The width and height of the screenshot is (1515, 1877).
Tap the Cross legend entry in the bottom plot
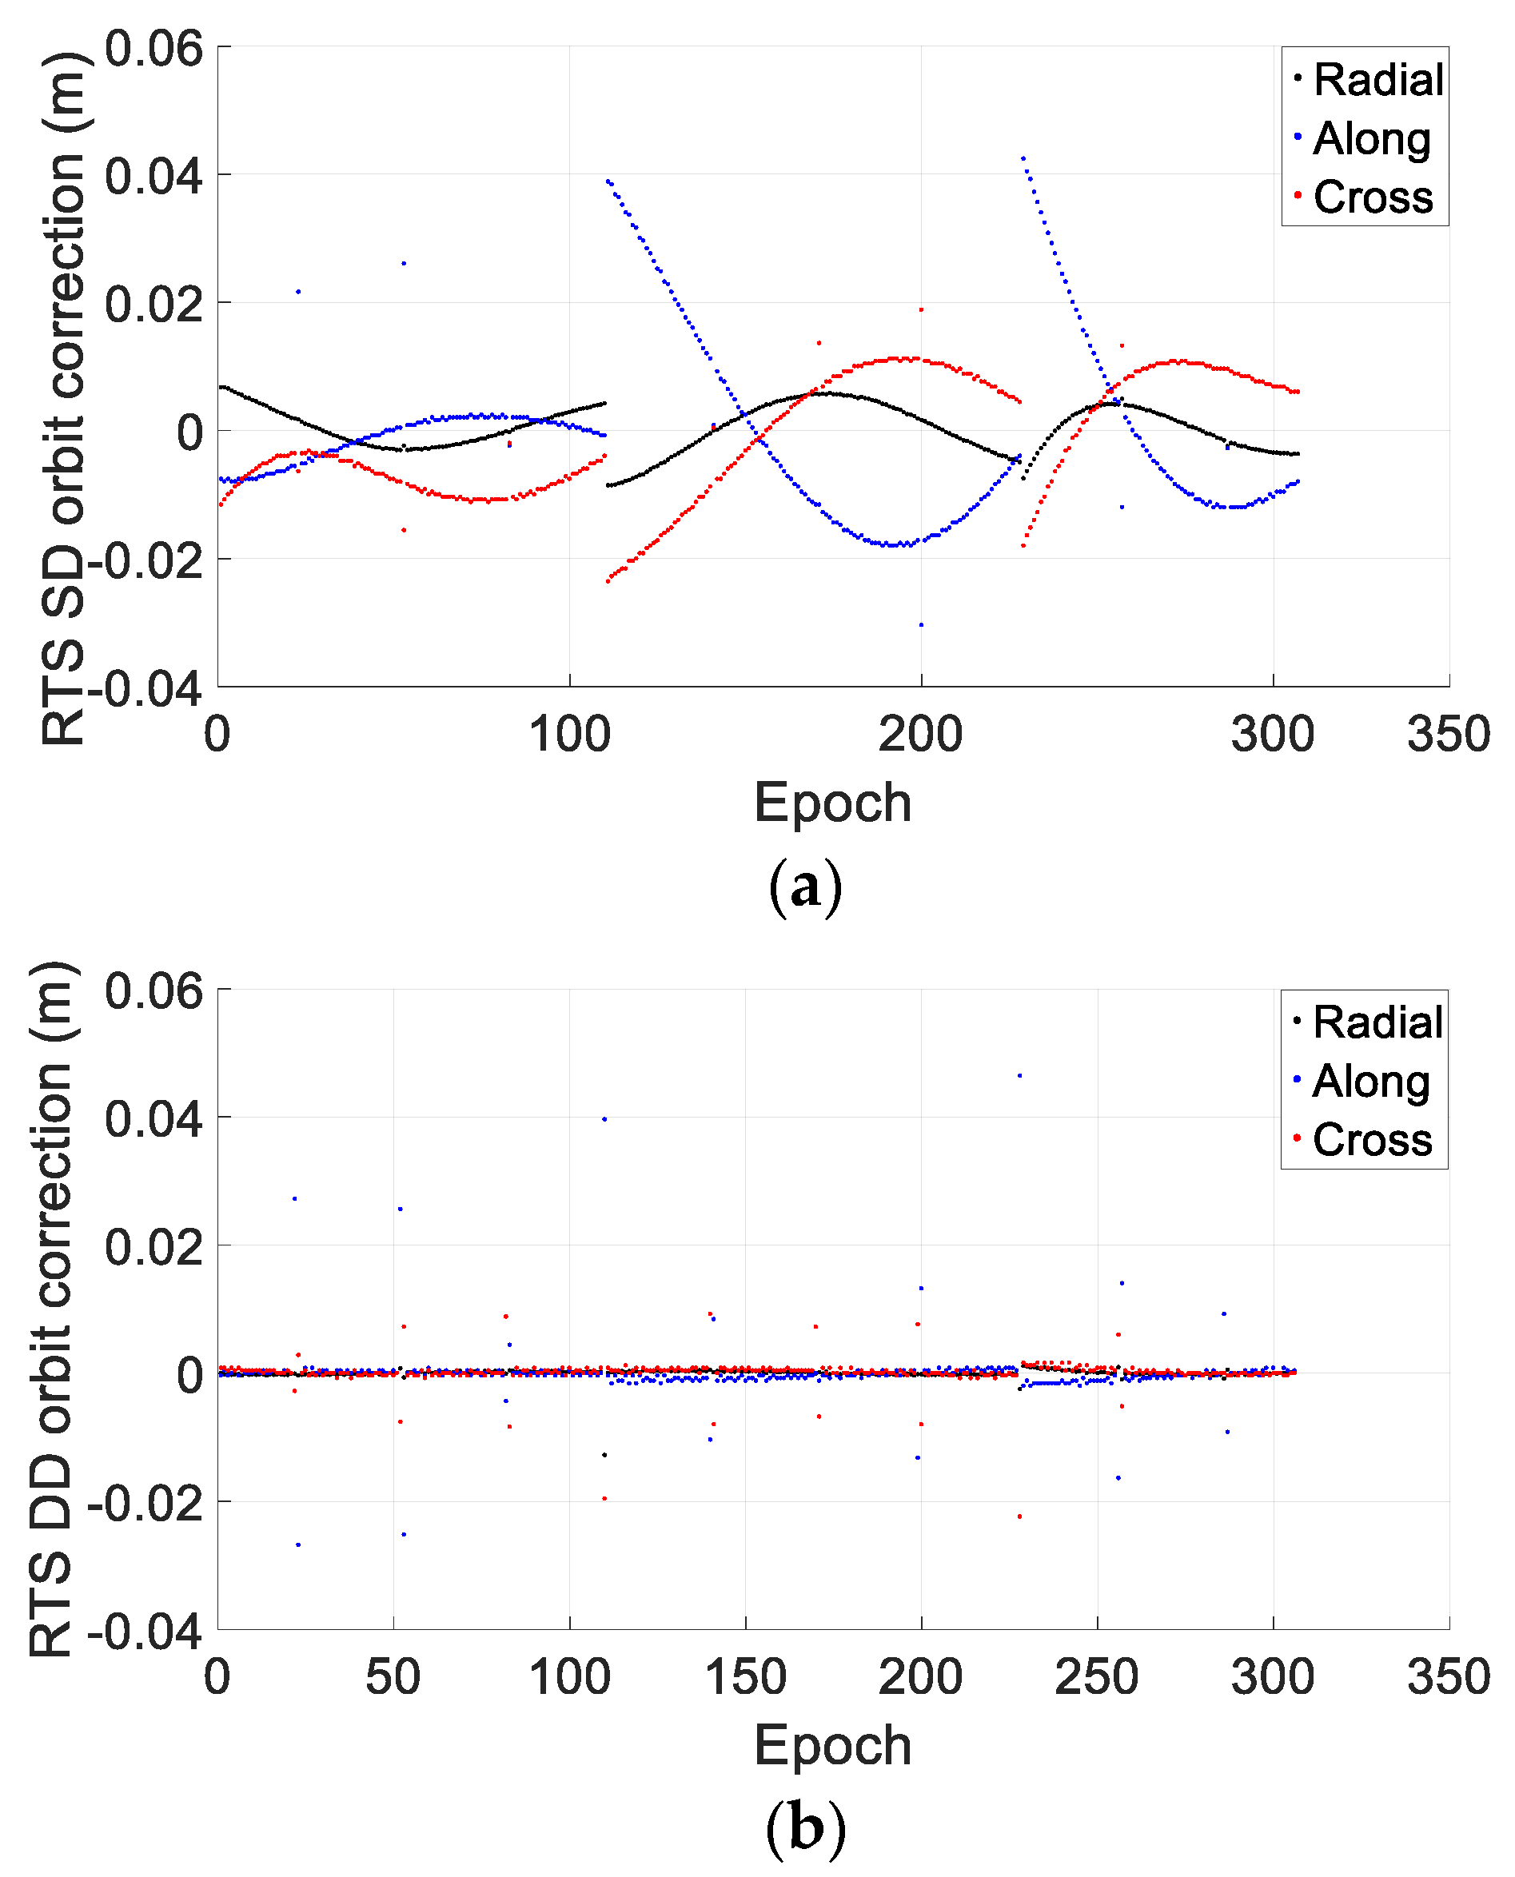pos(1371,1139)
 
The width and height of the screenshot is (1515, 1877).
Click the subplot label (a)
pos(804,887)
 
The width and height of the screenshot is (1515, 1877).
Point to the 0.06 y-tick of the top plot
pos(153,48)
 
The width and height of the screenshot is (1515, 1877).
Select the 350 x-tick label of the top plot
pos(1448,734)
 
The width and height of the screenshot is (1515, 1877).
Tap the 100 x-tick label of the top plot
pos(569,734)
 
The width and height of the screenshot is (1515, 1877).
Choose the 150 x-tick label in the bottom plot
pos(744,1676)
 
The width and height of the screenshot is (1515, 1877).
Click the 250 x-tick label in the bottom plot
pos(1096,1676)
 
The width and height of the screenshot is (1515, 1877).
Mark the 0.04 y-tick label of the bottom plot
pos(153,1118)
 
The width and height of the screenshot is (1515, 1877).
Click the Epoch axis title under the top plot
pos(831,802)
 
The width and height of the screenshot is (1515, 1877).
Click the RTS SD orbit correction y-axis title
pos(63,397)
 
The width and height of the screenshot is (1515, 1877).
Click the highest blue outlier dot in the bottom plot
pos(1019,1076)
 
